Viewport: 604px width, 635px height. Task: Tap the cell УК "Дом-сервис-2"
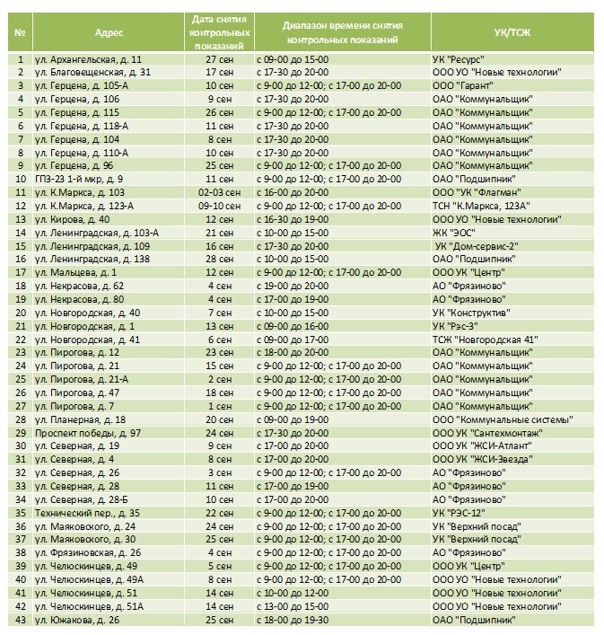pos(476,246)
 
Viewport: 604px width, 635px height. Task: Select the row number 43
pos(19,620)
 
